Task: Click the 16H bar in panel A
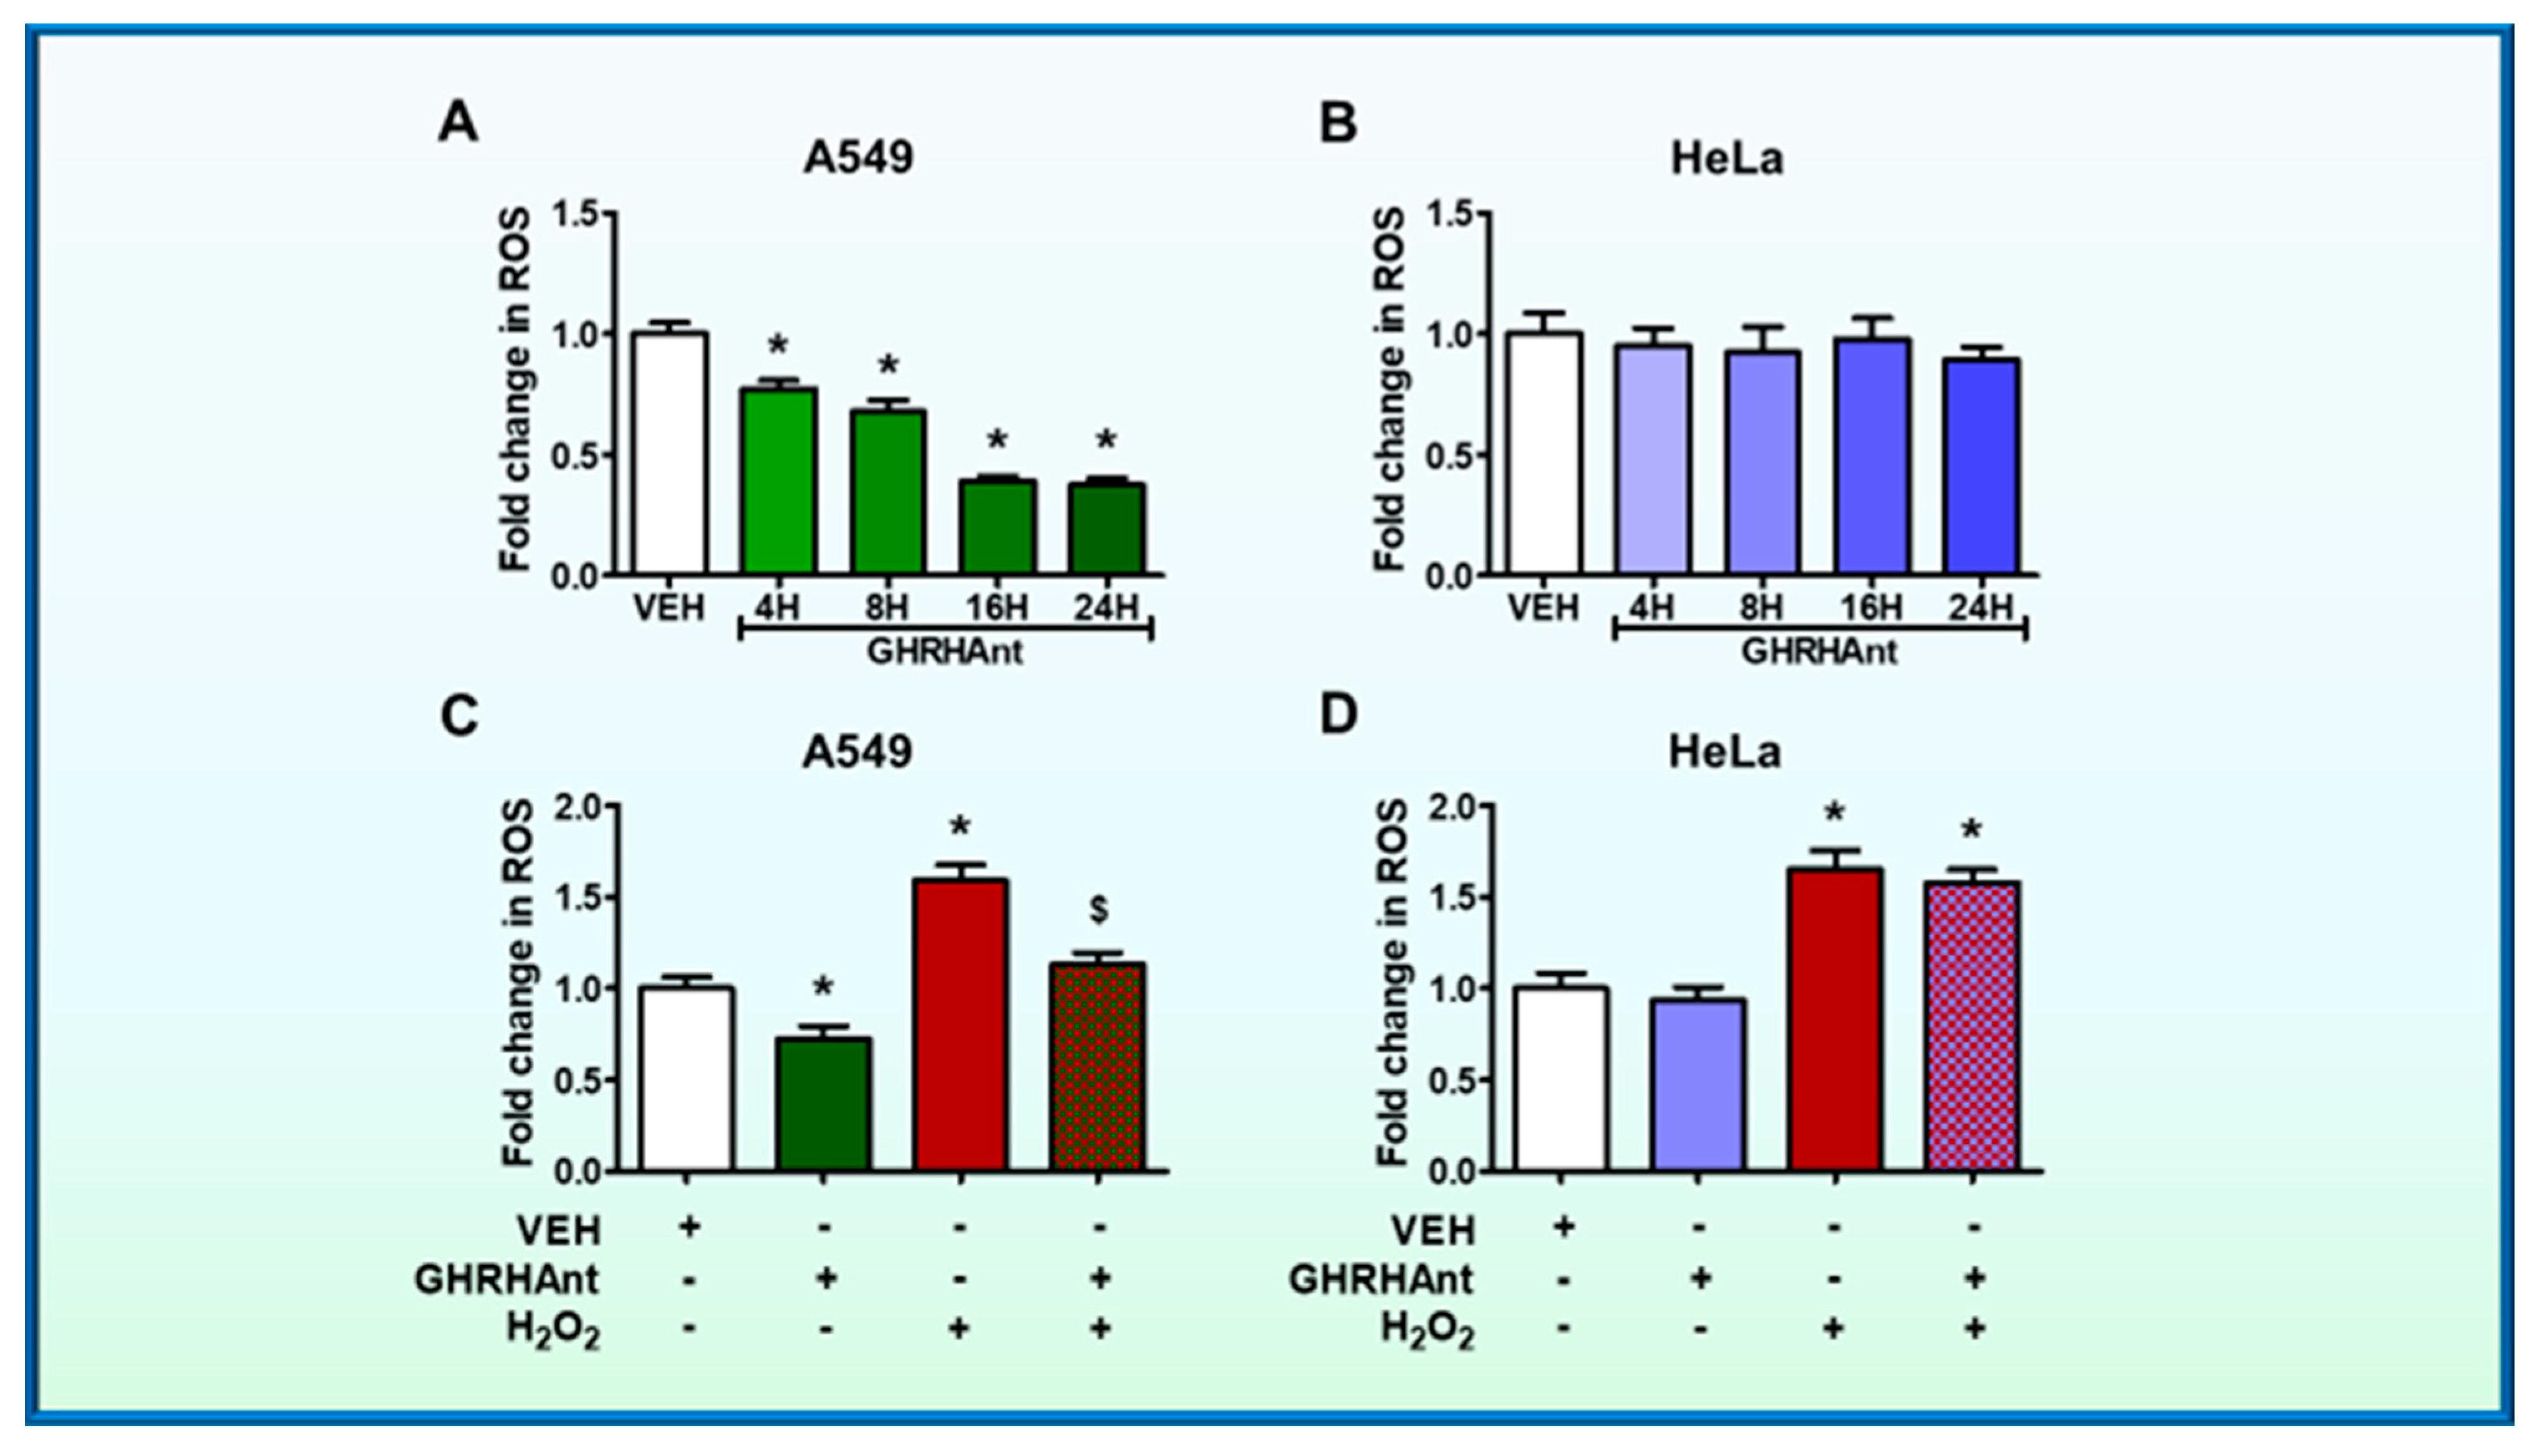(x=998, y=527)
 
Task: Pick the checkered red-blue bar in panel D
(x=1972, y=1025)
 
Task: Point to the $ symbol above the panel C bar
(x=1100, y=909)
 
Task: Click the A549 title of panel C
(x=857, y=751)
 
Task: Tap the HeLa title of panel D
(x=1725, y=751)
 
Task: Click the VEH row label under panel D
(x=1432, y=1231)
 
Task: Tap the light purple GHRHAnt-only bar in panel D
(x=1698, y=1085)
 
